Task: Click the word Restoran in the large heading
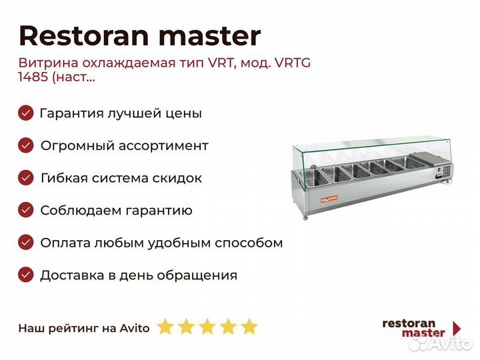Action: [x=84, y=36]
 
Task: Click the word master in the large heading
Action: [x=210, y=37]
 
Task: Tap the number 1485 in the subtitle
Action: [x=33, y=77]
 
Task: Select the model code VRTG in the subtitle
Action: [x=293, y=63]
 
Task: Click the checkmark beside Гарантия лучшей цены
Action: [x=26, y=113]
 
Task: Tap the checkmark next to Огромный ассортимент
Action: [x=26, y=145]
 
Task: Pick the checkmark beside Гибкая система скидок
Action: [x=26, y=178]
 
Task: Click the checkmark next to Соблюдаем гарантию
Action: [x=26, y=210]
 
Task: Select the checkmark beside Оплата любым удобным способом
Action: [x=26, y=243]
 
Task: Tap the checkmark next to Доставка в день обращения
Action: [x=26, y=275]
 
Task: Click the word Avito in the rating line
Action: [x=135, y=328]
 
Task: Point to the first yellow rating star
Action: [x=165, y=327]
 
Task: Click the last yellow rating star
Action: [x=249, y=327]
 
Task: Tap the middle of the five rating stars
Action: [x=207, y=327]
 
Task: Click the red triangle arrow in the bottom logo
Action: [x=457, y=328]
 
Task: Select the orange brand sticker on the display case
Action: [x=329, y=199]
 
